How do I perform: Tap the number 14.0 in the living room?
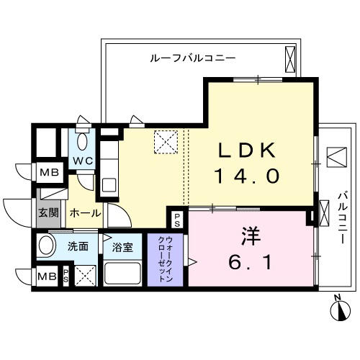point(246,176)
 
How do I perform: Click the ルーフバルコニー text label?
point(193,57)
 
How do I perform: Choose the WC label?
point(81,159)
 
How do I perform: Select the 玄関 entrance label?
point(48,213)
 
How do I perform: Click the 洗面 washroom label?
point(78,246)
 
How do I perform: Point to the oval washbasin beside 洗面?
point(47,246)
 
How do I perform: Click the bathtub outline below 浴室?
point(123,273)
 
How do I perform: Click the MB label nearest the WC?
point(49,173)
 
